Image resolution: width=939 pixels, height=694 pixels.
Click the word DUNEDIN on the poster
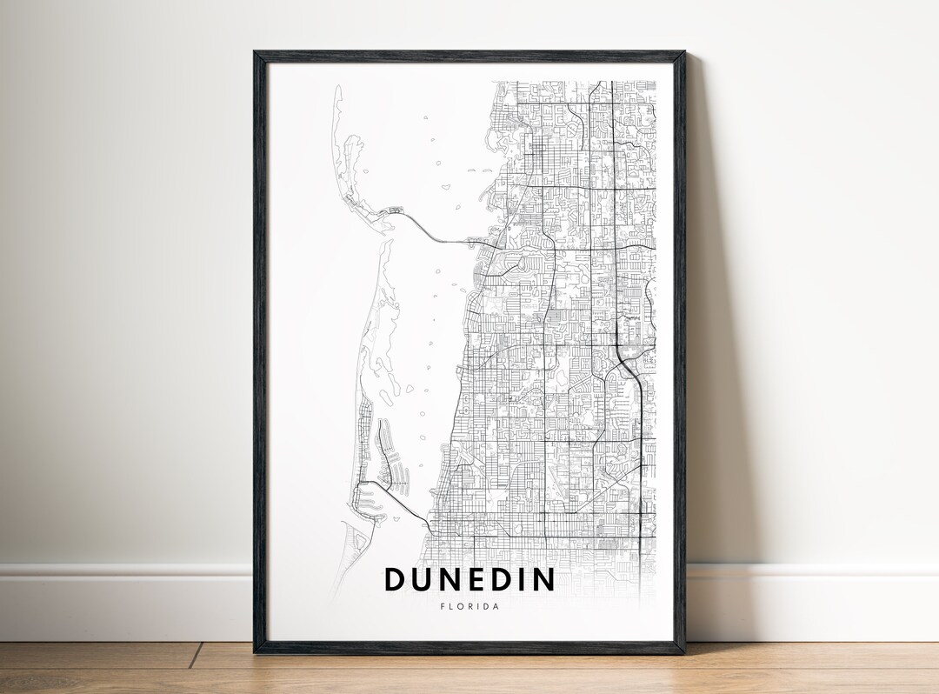tap(469, 579)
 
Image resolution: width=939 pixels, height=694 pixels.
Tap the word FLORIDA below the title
tap(469, 606)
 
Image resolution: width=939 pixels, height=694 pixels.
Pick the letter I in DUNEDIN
tap(522, 579)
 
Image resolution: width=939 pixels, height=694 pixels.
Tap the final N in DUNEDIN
tap(543, 579)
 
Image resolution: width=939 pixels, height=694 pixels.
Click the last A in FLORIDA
tap(496, 606)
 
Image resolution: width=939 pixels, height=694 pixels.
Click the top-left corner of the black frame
tap(256, 53)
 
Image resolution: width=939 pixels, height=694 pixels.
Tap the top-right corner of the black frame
tap(683, 53)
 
